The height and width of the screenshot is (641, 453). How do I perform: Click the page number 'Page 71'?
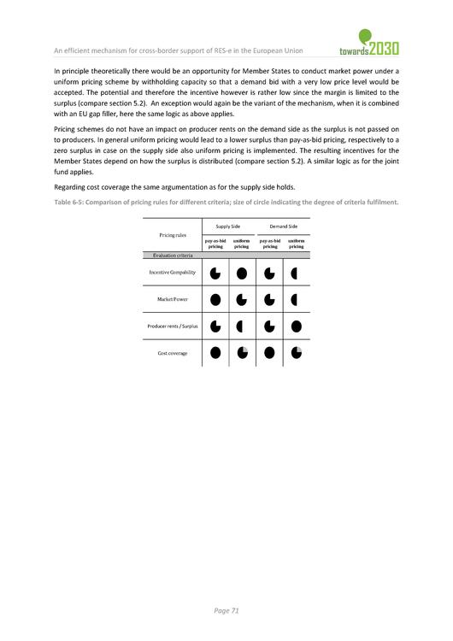click(x=226, y=610)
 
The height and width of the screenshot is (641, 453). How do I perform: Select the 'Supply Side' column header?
click(x=228, y=226)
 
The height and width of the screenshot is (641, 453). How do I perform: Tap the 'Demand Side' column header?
click(x=283, y=226)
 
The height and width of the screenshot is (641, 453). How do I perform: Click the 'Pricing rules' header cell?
click(x=173, y=234)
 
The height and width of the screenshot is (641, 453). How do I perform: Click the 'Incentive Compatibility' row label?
click(x=172, y=273)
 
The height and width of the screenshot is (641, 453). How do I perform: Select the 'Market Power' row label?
click(x=172, y=299)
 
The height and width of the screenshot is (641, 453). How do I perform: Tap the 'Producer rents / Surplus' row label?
click(x=172, y=326)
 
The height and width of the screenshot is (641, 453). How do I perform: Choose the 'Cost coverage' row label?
click(x=172, y=352)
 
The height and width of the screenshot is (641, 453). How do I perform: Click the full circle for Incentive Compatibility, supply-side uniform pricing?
click(x=242, y=273)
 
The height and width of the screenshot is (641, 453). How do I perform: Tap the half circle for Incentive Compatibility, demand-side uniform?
click(x=296, y=273)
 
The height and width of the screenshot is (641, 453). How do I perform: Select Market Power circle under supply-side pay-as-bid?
click(x=215, y=300)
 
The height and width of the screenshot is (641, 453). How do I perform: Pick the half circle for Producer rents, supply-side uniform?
click(x=242, y=326)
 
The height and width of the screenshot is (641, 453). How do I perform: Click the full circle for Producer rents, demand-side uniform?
click(x=297, y=326)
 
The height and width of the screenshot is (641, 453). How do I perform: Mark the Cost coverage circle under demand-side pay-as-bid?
click(x=269, y=352)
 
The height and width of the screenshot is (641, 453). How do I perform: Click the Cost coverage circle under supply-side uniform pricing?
click(x=242, y=352)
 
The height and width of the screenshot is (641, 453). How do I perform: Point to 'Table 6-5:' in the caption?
click(x=69, y=202)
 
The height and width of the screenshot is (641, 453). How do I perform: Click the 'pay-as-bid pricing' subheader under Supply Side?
click(x=215, y=244)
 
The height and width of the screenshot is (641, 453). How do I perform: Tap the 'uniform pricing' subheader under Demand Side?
click(x=297, y=244)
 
